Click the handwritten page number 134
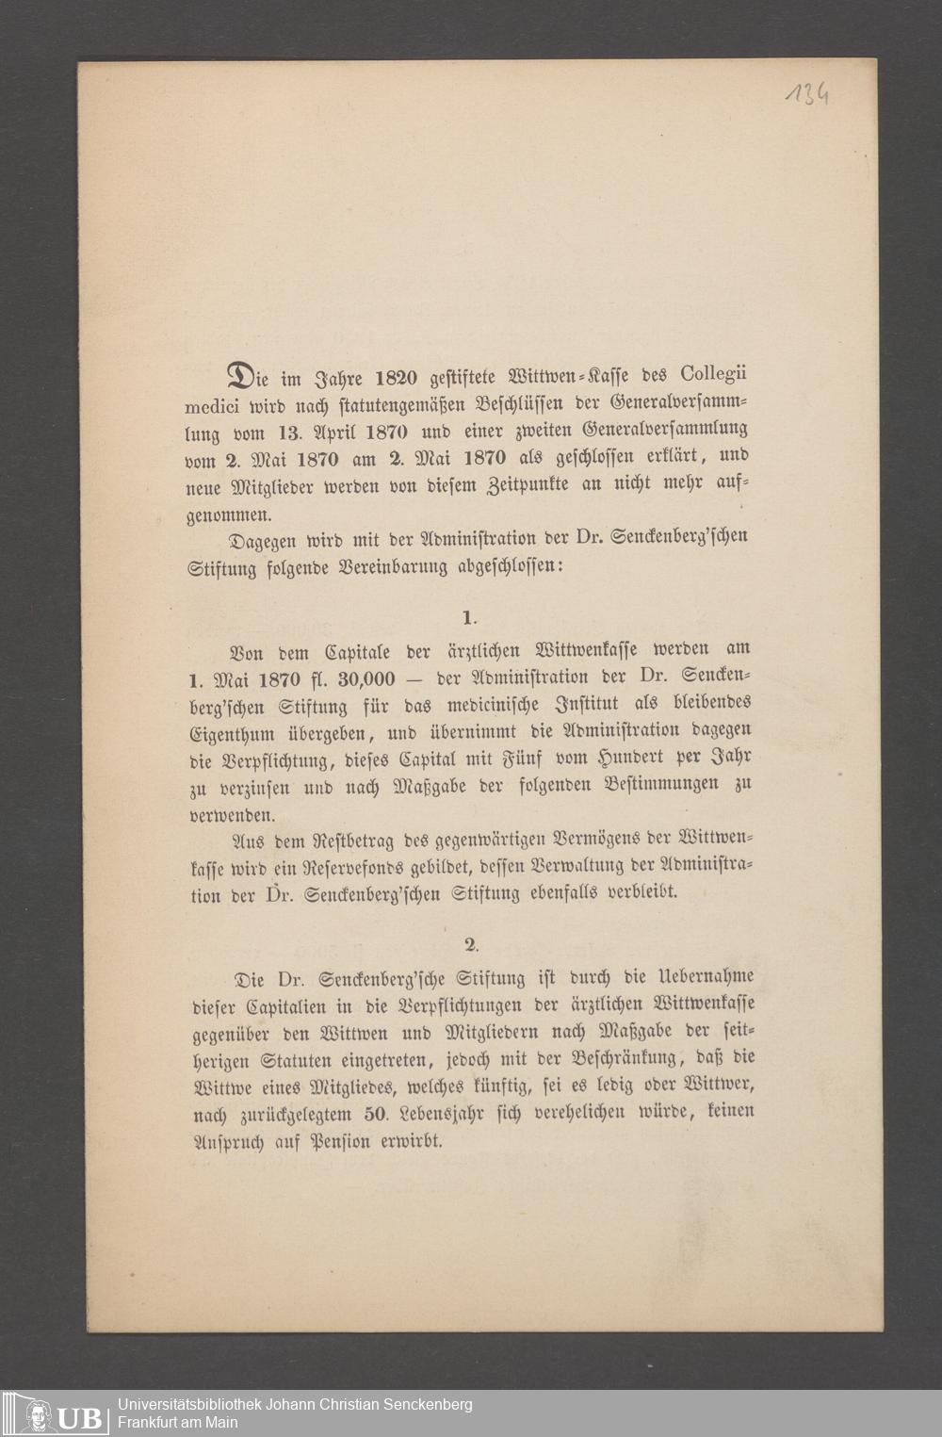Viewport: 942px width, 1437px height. [808, 95]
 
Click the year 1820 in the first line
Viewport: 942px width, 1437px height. [396, 379]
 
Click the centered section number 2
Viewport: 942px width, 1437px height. [470, 944]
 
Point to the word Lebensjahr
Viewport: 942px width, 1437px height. [446, 1113]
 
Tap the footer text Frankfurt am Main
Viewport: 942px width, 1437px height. [177, 1422]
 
